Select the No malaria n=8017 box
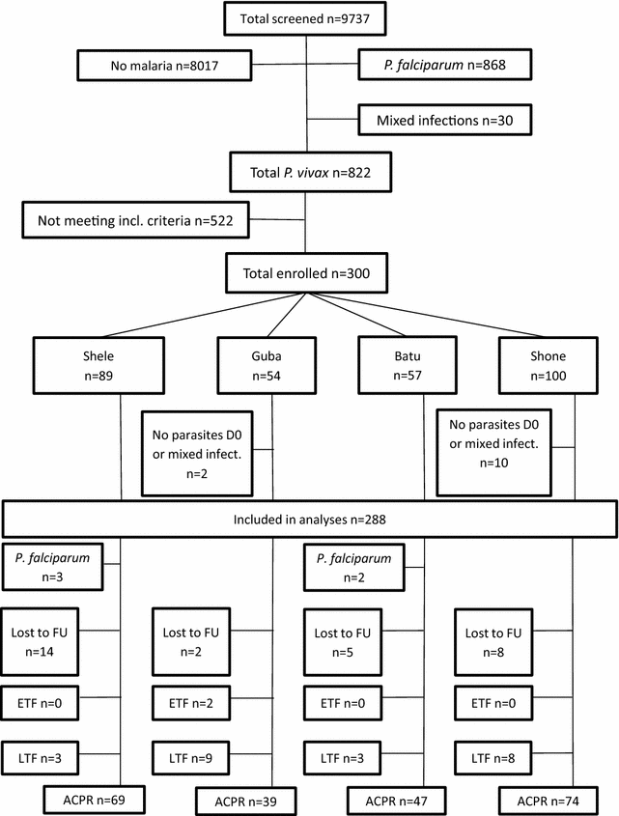pos(163,67)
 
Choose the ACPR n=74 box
pos(545,801)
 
